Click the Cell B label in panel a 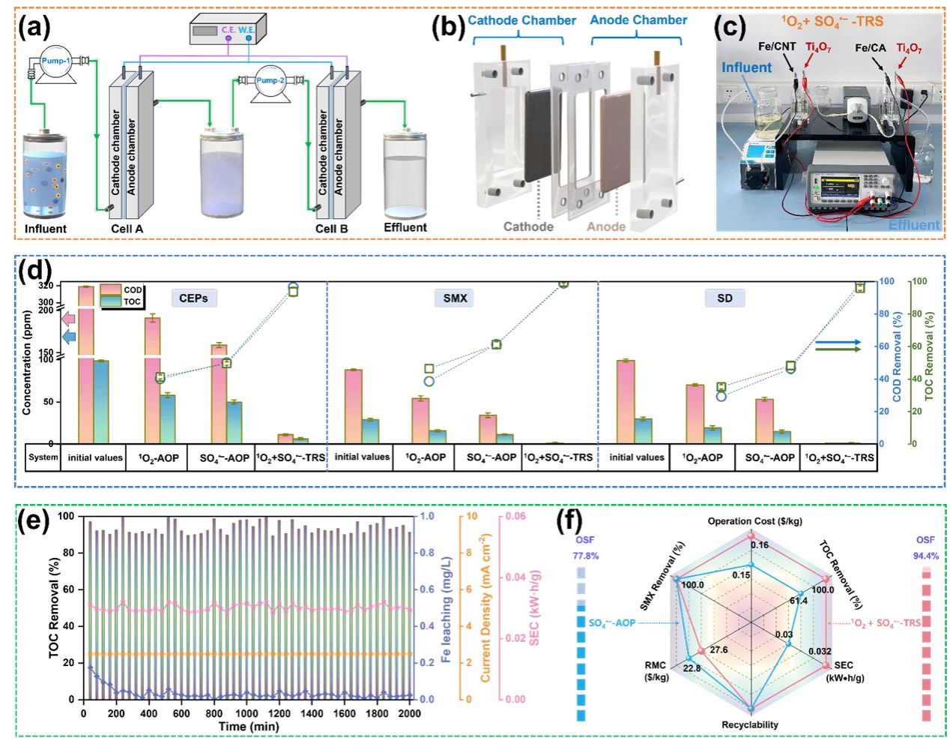click(331, 228)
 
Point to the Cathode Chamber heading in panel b click(521, 20)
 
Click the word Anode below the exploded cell click(606, 226)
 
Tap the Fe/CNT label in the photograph click(777, 46)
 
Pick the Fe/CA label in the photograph click(871, 48)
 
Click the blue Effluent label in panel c click(914, 224)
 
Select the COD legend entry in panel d click(133, 289)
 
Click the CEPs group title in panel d click(193, 298)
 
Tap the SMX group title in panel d click(455, 298)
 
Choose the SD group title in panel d click(724, 298)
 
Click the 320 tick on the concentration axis click(66, 286)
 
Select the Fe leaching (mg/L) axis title click(446, 607)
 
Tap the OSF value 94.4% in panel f click(925, 556)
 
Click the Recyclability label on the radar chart click(749, 724)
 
